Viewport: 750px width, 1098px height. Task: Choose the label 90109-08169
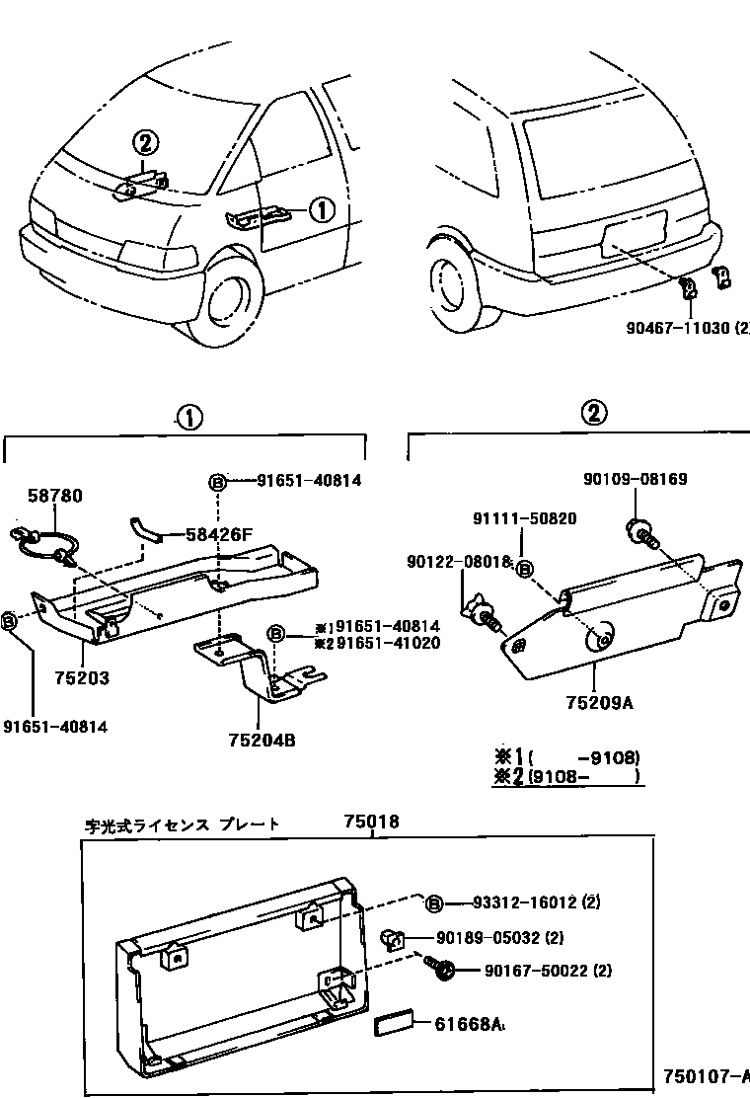coord(635,480)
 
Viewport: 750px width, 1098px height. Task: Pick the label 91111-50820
coord(524,518)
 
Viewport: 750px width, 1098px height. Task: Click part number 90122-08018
coord(458,562)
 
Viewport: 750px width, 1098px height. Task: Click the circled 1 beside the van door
coord(323,209)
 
